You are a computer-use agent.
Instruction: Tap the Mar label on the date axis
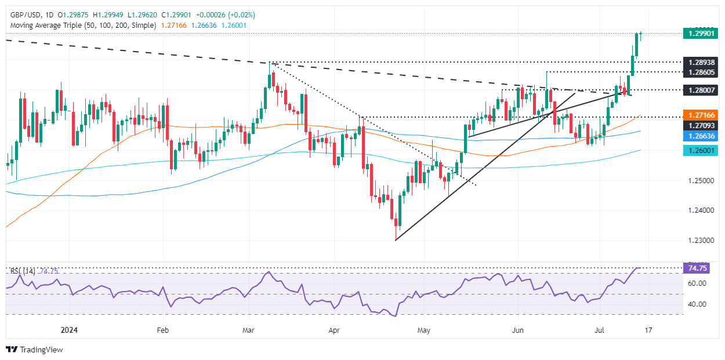[x=248, y=330]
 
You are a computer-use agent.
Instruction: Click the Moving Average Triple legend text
[x=81, y=26]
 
